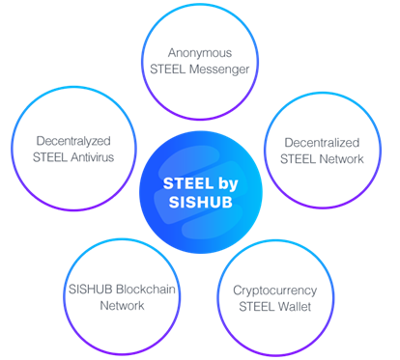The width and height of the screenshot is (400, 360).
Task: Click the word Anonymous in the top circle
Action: pos(200,53)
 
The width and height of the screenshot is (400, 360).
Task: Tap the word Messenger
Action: pos(219,69)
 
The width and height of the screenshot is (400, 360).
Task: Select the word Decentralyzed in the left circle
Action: pos(73,141)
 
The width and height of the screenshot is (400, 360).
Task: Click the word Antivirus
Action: pos(93,157)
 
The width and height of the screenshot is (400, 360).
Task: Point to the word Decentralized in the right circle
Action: pos(322,143)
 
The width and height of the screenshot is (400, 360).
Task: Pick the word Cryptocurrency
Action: pos(275,291)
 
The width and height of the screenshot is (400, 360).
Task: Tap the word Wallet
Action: pos(294,306)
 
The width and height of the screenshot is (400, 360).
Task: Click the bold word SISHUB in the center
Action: pos(201,203)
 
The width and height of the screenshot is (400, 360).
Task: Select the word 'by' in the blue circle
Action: pos(228,184)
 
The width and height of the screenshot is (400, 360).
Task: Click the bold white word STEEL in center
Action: pos(188,183)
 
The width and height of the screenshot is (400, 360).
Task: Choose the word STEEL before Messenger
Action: pos(168,69)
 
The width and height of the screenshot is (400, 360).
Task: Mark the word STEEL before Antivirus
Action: pos(50,157)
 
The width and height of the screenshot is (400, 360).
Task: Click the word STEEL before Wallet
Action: pos(257,306)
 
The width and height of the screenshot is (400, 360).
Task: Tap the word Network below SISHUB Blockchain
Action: pos(122,305)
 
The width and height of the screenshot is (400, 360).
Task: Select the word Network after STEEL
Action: pos(342,159)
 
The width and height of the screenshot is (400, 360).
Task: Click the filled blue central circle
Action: pos(201,192)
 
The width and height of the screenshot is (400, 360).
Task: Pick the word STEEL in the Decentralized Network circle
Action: pos(299,159)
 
